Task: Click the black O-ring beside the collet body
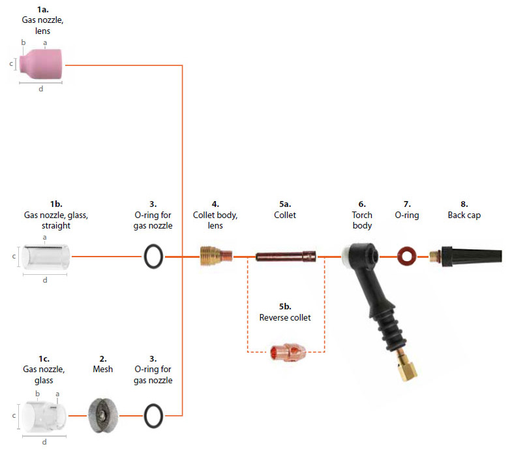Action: (x=153, y=257)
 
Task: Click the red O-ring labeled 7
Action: (x=407, y=257)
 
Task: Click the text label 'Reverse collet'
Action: (x=285, y=317)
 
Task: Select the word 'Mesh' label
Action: (x=102, y=369)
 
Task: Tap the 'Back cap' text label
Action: (x=464, y=215)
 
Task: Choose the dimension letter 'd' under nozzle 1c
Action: (x=44, y=442)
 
